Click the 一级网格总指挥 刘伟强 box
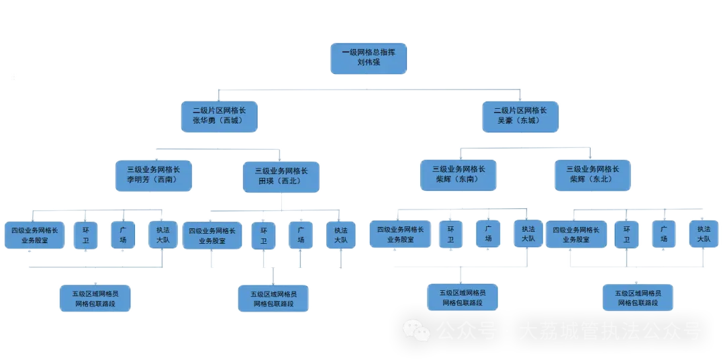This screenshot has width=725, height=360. click(368, 58)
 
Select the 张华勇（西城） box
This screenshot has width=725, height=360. click(219, 116)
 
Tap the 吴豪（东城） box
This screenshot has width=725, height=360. click(520, 116)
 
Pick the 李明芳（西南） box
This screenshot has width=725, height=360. click(154, 175)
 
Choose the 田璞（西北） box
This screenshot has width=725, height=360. click(281, 177)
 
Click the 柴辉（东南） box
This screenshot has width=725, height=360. click(458, 175)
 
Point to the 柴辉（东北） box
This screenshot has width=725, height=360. click(592, 175)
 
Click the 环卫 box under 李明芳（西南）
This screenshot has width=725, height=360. click(86, 235)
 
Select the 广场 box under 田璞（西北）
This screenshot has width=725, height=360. click(301, 235)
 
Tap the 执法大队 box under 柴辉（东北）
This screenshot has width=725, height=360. click(703, 234)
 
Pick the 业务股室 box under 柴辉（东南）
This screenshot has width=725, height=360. click(400, 234)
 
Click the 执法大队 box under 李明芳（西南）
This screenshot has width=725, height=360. click(162, 234)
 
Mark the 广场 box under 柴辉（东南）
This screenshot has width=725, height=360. click(488, 234)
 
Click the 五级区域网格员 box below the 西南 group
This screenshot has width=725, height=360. click(95, 298)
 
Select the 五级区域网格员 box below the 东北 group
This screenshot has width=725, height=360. click(638, 298)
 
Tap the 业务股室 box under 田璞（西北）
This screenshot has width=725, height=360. click(211, 235)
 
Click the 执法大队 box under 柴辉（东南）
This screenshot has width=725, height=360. click(528, 233)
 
